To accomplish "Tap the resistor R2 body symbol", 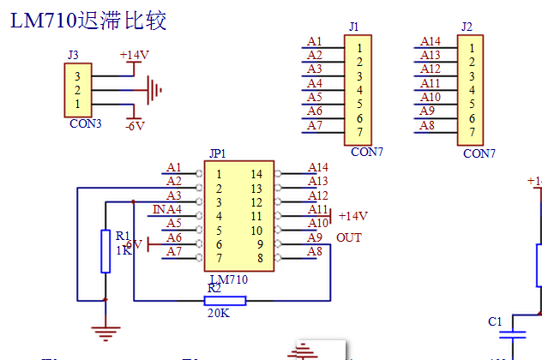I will click(226, 300).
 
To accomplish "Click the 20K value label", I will click(219, 314).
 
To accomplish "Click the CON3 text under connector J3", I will click(85, 123).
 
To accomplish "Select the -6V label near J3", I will click(135, 126).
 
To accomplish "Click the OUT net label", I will click(349, 237).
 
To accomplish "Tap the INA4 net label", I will click(167, 209).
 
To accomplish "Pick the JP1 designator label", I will click(217, 154).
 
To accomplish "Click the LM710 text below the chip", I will click(229, 279).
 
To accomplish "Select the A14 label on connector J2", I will click(431, 42).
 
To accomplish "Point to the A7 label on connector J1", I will click(315, 125).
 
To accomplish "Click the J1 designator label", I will click(354, 27).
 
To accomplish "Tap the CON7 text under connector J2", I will click(479, 153).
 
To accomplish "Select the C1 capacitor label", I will click(494, 321).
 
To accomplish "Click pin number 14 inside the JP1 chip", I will click(256, 174).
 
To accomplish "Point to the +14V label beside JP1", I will click(352, 216).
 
